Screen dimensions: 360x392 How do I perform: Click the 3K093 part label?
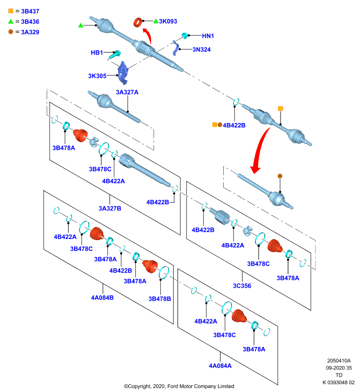[x=168, y=22]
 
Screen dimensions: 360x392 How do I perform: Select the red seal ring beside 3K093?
[x=138, y=23]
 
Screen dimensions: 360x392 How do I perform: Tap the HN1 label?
[x=208, y=36]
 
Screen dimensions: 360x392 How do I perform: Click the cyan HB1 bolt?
[x=115, y=54]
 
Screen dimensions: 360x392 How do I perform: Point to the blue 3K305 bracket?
[x=123, y=73]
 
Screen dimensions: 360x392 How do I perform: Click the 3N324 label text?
[x=202, y=49]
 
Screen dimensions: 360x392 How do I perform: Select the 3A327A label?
[x=127, y=92]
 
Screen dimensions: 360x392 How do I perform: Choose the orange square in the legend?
[x=11, y=11]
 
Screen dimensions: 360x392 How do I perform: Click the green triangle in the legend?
[x=11, y=22]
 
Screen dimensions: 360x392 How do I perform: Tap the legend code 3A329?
[x=30, y=32]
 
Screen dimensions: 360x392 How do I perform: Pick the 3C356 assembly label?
[x=242, y=286]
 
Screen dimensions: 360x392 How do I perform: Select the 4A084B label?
[x=103, y=298]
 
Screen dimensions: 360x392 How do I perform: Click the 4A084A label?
[x=220, y=366]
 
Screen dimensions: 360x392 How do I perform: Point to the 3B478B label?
[x=159, y=299]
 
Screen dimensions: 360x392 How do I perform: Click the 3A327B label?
[x=110, y=208]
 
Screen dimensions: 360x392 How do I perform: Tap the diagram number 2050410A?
[x=339, y=361]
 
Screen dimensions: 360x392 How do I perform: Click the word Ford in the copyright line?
[x=173, y=386]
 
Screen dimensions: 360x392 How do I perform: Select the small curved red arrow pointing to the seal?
[x=148, y=36]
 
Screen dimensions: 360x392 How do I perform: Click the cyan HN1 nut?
[x=185, y=35]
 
